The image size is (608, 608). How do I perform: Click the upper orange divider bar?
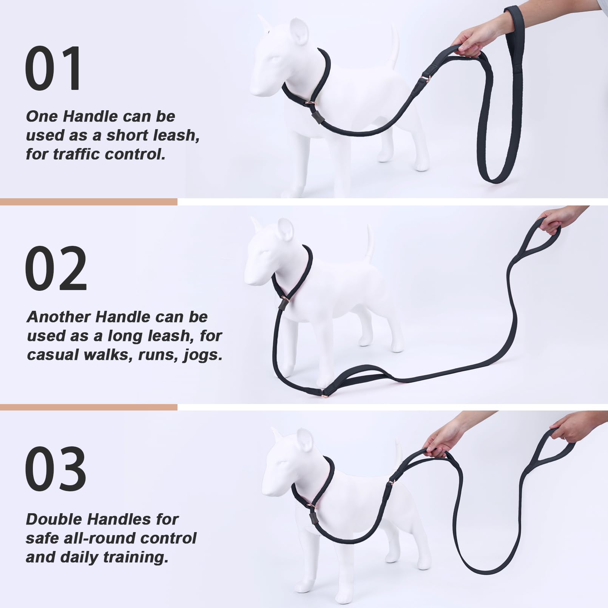coord(89,202)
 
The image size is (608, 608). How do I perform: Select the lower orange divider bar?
coord(89,407)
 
